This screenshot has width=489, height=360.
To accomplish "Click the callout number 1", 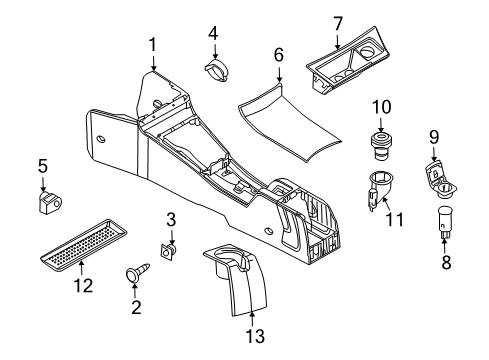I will click(152, 45).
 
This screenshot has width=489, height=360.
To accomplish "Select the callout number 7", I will click(338, 21).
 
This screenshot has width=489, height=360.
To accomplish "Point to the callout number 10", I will click(380, 106).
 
